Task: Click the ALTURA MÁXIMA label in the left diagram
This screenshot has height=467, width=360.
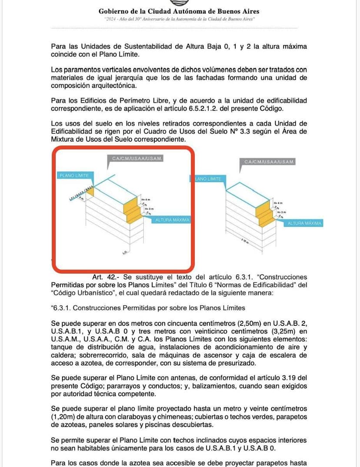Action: tap(173, 220)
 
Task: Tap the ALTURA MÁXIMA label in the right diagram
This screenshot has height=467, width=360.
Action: tap(304, 223)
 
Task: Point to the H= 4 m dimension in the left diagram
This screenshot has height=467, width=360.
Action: tap(145, 199)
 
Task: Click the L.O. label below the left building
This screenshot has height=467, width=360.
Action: tap(125, 252)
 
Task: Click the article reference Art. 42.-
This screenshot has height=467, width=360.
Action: tap(106, 277)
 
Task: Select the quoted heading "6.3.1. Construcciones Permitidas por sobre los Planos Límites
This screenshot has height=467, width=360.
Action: tap(148, 308)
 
